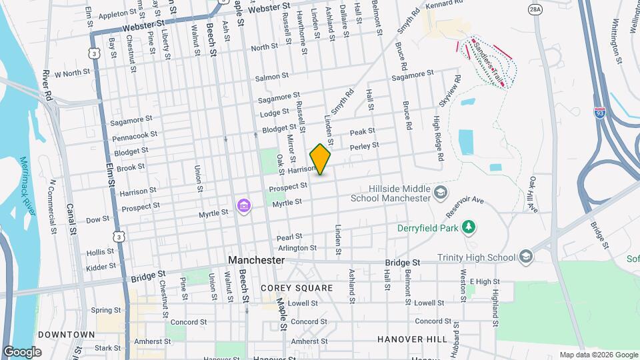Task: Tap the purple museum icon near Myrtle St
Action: [x=244, y=205]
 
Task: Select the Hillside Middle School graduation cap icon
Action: [x=440, y=193]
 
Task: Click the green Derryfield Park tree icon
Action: [x=469, y=227]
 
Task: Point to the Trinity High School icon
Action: [x=526, y=257]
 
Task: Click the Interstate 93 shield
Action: [x=600, y=114]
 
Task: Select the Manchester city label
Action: [x=256, y=260]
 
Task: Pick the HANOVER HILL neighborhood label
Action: [x=412, y=339]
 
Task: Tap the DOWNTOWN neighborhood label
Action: [x=66, y=334]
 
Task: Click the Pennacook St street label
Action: [x=135, y=135]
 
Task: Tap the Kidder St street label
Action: [x=101, y=267]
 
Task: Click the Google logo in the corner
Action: [x=22, y=351]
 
